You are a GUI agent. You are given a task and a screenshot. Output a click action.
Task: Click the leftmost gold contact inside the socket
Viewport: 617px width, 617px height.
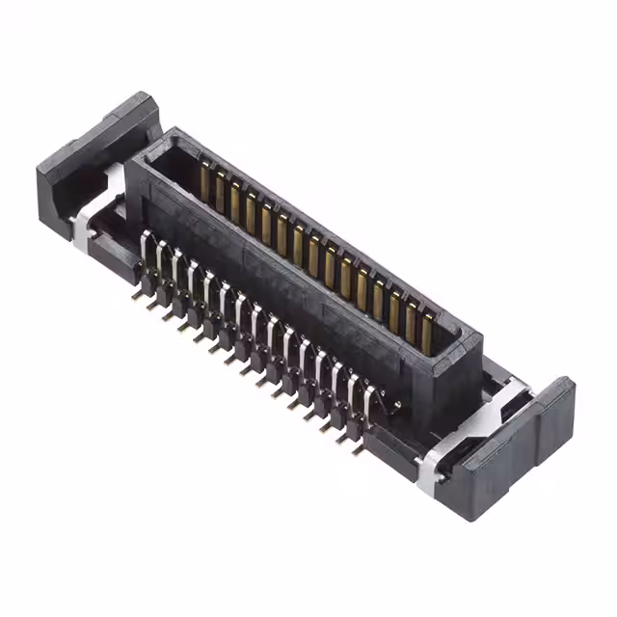coord(204,179)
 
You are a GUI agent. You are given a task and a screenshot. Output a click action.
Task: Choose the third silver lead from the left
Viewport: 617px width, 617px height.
coord(176,269)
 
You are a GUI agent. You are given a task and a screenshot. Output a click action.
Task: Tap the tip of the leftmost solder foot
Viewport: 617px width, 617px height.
coord(137,296)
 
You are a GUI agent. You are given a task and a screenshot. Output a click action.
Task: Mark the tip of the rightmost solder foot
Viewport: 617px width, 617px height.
coord(357,448)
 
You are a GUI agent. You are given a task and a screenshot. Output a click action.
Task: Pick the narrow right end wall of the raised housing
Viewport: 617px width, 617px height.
coord(468,381)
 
